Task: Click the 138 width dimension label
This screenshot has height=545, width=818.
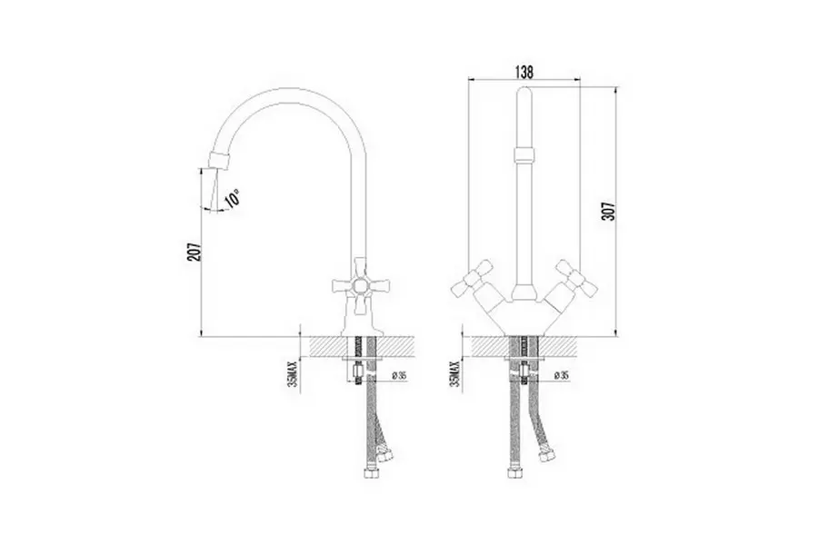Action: (524, 73)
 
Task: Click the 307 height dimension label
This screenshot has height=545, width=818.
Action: (609, 211)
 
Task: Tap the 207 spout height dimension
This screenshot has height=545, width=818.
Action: (195, 252)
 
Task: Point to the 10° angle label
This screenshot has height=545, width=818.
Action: (232, 200)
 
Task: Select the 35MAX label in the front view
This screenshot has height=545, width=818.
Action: (455, 374)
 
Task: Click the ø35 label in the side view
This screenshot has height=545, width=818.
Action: (399, 374)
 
